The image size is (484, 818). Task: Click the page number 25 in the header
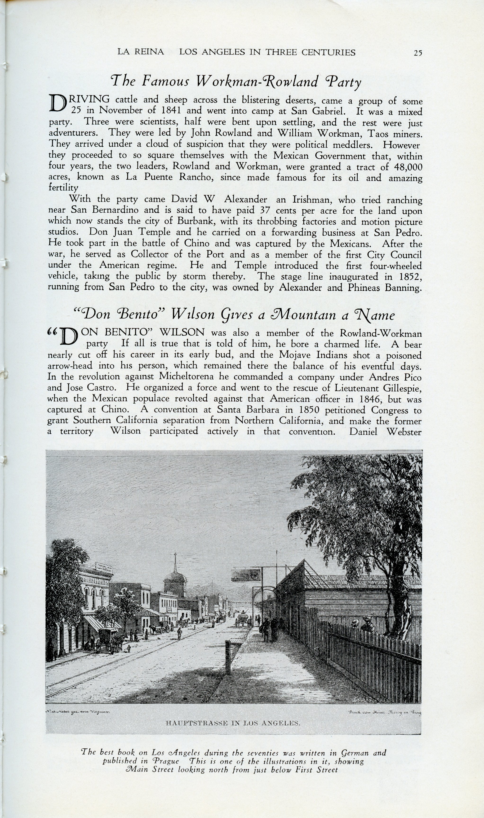418,53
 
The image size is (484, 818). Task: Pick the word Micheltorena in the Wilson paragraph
186,377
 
